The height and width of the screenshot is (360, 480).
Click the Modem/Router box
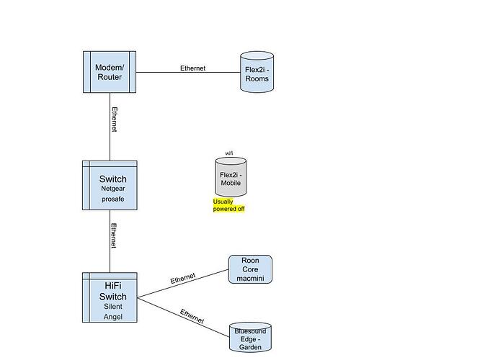pos(109,72)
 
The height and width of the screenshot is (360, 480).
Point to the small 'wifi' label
pos(229,153)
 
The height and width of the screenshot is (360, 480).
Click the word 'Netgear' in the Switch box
pos(112,189)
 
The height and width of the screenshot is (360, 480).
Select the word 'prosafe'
pos(112,199)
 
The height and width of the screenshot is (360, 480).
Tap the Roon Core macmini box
pos(250,269)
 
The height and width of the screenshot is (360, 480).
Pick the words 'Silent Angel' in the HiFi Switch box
pos(112,311)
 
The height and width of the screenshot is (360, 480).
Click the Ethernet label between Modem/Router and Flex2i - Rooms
pos(192,68)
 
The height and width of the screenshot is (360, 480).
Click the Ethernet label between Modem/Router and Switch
pos(114,120)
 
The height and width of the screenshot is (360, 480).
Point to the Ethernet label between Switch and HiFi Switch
pos(114,235)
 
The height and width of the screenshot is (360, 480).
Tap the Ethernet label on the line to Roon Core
pos(183,278)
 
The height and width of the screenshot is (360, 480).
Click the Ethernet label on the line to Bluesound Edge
pos(191,315)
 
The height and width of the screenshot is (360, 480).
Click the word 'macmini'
pos(250,278)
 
